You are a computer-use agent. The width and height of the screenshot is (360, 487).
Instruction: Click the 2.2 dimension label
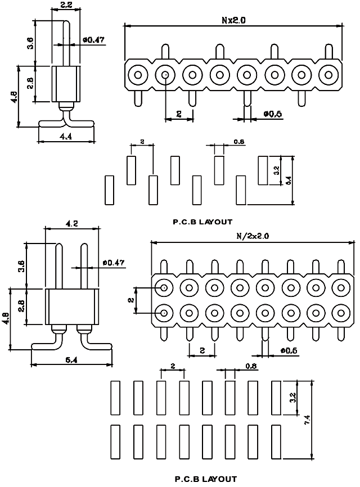[65, 5]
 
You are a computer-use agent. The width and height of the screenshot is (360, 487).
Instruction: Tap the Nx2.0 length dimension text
[233, 20]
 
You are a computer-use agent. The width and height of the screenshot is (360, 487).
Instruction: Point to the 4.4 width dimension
[66, 136]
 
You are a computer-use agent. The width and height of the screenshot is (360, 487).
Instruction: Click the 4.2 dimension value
[72, 223]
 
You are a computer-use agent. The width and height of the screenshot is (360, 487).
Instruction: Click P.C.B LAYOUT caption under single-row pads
[202, 222]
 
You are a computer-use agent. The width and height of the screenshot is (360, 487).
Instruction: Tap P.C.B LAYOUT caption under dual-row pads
[206, 479]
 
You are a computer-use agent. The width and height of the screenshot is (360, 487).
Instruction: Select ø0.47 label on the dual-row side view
[114, 263]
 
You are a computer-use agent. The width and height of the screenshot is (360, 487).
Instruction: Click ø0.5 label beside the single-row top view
[272, 114]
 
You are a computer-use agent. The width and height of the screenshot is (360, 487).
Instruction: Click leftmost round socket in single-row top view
[137, 74]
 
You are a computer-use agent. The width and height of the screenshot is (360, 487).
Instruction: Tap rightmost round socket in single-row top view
[328, 74]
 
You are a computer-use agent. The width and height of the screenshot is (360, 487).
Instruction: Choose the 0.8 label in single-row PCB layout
[238, 142]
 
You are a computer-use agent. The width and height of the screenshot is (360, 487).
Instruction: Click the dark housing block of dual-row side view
[71, 306]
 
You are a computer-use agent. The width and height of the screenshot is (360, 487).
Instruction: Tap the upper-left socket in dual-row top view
[164, 287]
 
